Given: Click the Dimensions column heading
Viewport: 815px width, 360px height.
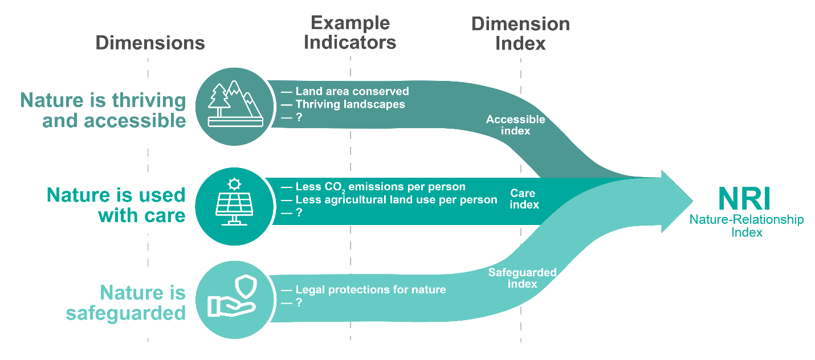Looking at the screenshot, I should (x=150, y=43).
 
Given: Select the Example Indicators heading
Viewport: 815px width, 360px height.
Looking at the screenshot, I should (x=350, y=32).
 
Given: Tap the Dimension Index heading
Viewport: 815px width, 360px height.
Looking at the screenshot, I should (x=520, y=34).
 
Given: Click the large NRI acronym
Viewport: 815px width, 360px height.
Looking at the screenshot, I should (x=744, y=199).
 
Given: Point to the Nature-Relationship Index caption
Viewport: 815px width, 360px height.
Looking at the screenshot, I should (x=747, y=226).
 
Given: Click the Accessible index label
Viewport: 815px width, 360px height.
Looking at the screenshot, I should (x=515, y=125).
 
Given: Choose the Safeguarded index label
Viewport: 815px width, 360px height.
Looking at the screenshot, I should (x=522, y=277).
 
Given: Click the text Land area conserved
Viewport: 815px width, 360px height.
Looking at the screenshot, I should (x=352, y=91).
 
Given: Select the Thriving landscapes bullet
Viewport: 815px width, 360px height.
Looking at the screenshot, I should (x=350, y=104).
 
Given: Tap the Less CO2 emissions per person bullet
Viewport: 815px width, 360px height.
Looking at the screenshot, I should (x=380, y=187).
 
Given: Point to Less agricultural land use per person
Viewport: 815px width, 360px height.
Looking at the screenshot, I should (x=396, y=200).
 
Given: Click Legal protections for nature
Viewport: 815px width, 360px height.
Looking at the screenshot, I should (x=370, y=290).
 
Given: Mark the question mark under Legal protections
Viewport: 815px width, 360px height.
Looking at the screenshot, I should (x=298, y=303).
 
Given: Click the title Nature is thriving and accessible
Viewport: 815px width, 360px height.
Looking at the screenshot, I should (x=103, y=111).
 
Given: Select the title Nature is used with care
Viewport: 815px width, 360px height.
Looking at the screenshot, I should (x=116, y=205).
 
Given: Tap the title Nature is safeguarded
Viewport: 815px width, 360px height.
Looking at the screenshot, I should (x=126, y=303).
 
